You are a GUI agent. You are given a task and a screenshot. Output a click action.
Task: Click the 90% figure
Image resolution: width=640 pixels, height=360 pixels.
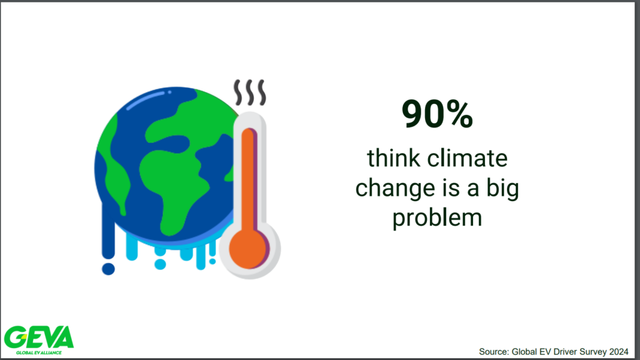(437, 114)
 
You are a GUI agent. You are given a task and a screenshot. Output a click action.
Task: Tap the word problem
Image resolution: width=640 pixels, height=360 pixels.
(437, 218)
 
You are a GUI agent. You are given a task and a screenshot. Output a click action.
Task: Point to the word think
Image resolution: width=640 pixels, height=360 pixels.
(394, 158)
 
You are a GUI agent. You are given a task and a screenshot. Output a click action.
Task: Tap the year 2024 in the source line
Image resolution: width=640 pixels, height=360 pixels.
(619, 351)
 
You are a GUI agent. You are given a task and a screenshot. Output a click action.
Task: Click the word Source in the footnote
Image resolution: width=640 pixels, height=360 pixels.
(493, 351)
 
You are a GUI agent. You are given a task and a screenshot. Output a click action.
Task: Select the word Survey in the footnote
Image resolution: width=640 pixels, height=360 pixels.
(593, 351)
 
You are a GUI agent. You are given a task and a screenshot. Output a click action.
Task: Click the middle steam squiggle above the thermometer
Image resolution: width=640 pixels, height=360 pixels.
(250, 92)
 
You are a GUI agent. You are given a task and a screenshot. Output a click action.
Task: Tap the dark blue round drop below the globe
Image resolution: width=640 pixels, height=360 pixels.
(108, 269)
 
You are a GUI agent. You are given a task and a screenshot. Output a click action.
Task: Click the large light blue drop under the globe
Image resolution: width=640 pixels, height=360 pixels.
(160, 264)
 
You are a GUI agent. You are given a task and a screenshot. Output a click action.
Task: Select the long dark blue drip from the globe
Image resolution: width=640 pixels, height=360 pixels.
(108, 229)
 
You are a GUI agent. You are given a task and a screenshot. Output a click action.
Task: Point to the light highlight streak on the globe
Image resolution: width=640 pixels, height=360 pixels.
(145, 101)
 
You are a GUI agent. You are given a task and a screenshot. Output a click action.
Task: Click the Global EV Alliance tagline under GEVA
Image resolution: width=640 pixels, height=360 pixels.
(39, 352)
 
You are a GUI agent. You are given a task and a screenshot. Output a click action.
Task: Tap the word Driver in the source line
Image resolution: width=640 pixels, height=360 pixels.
(564, 351)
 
